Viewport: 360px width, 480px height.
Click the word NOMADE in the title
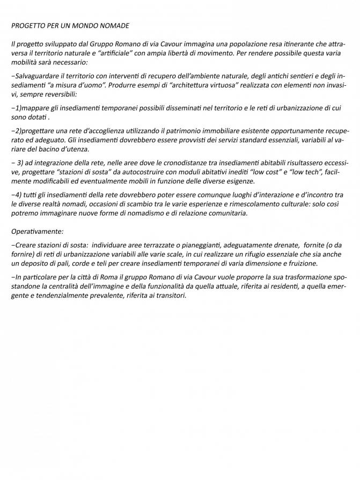click(114, 25)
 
